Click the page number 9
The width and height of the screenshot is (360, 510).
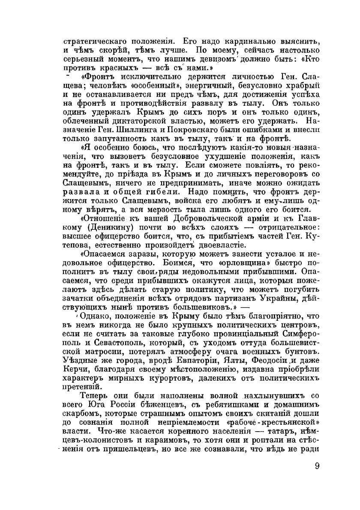point(317,466)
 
